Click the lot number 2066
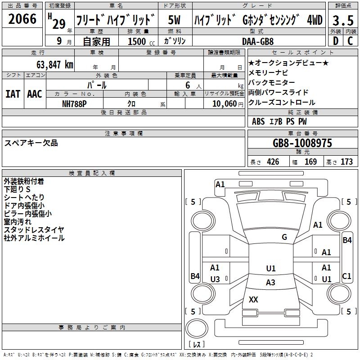pos(22,19)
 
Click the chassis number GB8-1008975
pos(303,143)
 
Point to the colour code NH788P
pos(75,103)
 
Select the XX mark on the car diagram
pos(253,300)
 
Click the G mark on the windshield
pos(284,237)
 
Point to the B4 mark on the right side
pos(347,240)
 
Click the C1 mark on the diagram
pos(346,276)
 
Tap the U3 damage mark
pos(215,279)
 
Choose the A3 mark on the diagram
pos(270,283)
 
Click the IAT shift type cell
pos(13,94)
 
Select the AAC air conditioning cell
pos(34,94)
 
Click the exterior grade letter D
pos(335,41)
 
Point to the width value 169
pos(311,162)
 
